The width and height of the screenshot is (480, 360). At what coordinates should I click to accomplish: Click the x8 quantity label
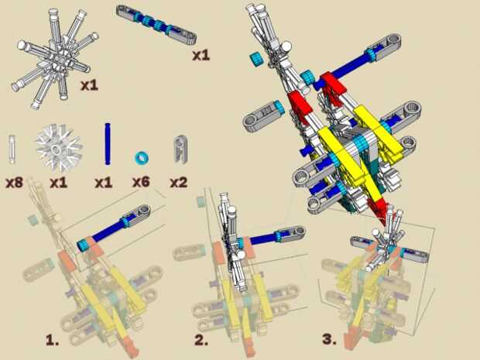[x=15, y=183]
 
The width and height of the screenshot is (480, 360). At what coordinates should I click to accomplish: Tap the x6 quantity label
[x=141, y=182]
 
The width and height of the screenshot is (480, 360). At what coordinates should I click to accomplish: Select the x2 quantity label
[x=179, y=183]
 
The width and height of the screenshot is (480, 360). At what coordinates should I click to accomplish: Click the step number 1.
[x=52, y=340]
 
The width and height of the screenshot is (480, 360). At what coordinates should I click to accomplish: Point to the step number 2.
[x=201, y=340]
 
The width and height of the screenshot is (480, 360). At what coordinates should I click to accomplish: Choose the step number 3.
[x=329, y=340]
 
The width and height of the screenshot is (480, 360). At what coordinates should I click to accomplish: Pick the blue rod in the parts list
[x=108, y=144]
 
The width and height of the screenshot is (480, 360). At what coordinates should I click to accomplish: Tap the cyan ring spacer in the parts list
[x=142, y=158]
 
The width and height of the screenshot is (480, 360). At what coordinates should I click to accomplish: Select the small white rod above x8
[x=12, y=149]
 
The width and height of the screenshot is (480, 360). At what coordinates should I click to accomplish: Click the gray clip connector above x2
[x=180, y=149]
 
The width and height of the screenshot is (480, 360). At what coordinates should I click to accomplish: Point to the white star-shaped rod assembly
[x=55, y=57]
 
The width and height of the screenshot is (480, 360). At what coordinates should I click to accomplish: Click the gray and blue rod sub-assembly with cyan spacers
[x=156, y=25]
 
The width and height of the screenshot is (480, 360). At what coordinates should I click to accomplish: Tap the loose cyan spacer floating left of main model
[x=256, y=59]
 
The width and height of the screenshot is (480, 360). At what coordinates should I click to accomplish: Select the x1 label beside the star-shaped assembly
[x=89, y=85]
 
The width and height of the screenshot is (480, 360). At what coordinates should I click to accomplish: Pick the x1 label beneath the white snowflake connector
[x=59, y=183]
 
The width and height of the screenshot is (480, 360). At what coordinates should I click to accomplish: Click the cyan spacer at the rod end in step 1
[x=83, y=245]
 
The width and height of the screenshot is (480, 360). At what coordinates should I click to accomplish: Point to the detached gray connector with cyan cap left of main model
[x=264, y=116]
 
